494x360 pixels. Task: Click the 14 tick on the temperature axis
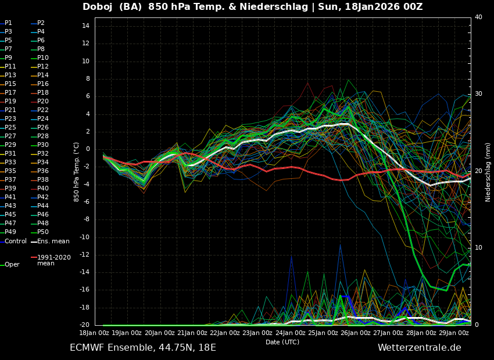tap(85, 26)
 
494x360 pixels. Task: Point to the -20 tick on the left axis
tap(83, 325)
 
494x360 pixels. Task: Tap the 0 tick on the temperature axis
tap(87, 149)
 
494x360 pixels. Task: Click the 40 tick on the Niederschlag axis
tap(478, 17)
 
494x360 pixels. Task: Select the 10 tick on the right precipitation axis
tap(478, 248)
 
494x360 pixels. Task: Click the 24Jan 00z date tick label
tap(291, 333)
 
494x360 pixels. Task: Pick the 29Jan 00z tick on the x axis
tap(454, 333)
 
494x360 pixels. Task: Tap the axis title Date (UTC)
tap(282, 342)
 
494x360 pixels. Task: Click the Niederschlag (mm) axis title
tap(488, 172)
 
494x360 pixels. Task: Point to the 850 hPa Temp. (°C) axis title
tap(77, 172)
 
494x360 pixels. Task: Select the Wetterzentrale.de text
tap(419, 348)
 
